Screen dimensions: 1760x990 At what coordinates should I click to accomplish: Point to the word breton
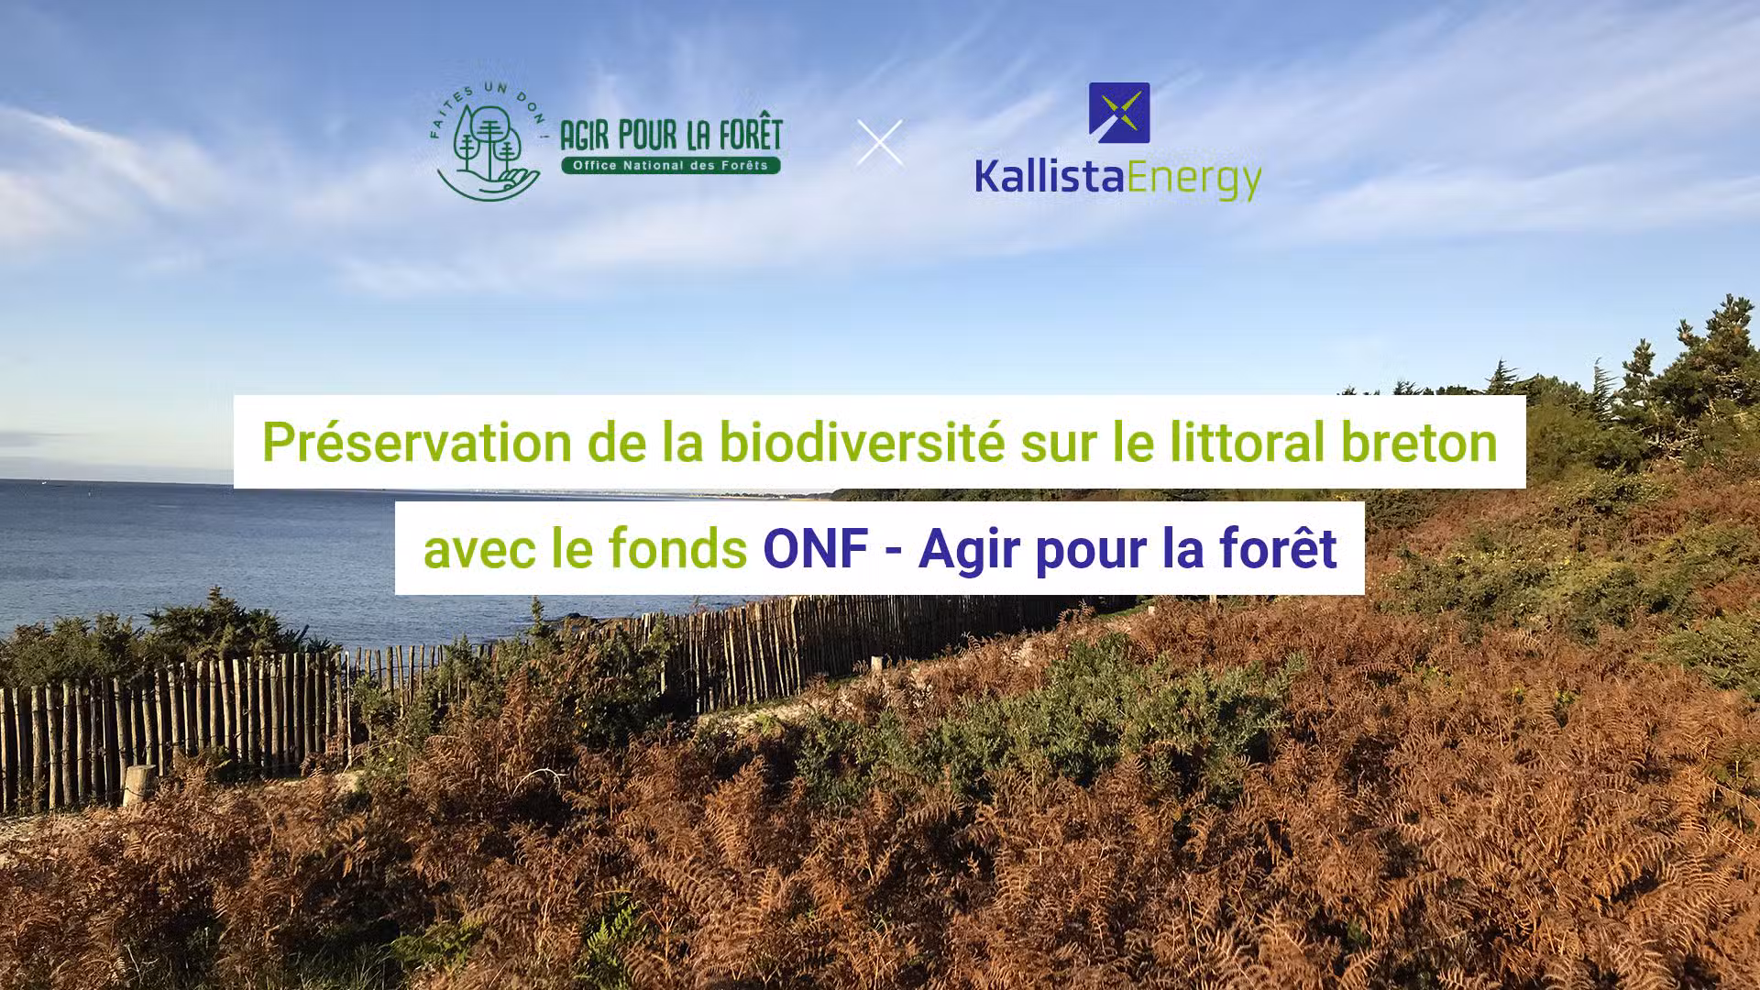[x=1419, y=443]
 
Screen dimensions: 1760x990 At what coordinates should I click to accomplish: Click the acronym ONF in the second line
[x=816, y=549]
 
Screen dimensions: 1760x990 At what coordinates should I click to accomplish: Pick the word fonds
[x=677, y=548]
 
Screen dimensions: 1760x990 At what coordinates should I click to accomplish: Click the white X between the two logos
[x=880, y=143]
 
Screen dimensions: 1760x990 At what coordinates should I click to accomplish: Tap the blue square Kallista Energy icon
[x=1119, y=113]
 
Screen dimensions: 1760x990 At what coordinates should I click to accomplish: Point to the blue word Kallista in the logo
[x=1050, y=175]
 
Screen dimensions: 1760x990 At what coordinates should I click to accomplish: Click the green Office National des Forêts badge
[x=671, y=166]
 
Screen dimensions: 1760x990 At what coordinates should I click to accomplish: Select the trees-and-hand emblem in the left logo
[x=489, y=152]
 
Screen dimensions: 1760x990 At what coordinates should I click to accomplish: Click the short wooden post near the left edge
[x=138, y=787]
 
